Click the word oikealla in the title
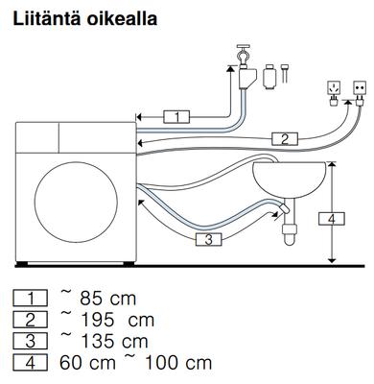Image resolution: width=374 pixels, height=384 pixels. tap(122, 18)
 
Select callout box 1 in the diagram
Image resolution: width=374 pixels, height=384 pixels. tap(176, 117)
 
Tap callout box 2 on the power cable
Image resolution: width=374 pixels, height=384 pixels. tap(285, 138)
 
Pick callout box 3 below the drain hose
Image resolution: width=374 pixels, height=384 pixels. tap(209, 239)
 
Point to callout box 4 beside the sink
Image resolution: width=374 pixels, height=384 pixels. tap(332, 219)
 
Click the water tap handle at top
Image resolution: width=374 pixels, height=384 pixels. tap(244, 47)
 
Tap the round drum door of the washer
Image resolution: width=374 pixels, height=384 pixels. tap(76, 203)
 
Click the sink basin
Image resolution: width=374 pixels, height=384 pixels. tap(290, 180)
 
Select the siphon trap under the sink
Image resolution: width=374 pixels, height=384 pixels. tap(290, 231)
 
